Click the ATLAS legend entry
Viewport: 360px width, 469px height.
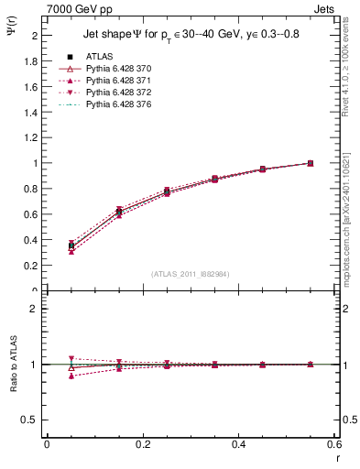100,56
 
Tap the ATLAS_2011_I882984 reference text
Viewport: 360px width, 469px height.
191,273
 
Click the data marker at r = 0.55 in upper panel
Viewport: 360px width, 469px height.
311,163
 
